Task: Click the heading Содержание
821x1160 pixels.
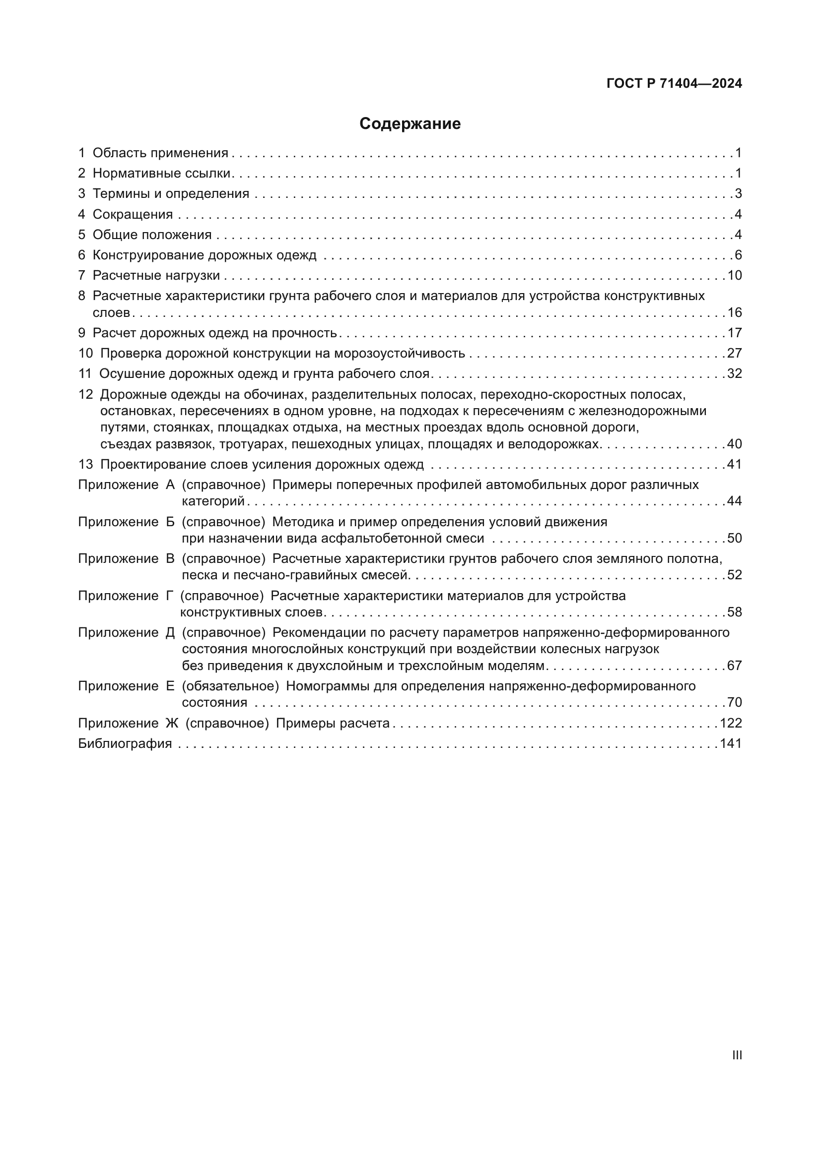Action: click(410, 124)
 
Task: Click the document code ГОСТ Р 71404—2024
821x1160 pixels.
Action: click(674, 83)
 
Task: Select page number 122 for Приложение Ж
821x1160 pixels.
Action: click(731, 723)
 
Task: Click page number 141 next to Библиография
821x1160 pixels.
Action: click(731, 743)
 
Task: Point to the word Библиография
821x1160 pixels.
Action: click(125, 743)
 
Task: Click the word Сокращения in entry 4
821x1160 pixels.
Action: click(133, 214)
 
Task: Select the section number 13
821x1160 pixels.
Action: click(85, 464)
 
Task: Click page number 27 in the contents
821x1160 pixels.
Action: click(734, 353)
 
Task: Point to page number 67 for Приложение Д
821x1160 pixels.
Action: click(734, 666)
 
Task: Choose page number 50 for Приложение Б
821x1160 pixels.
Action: click(734, 538)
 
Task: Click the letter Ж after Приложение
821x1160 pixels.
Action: click(172, 723)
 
